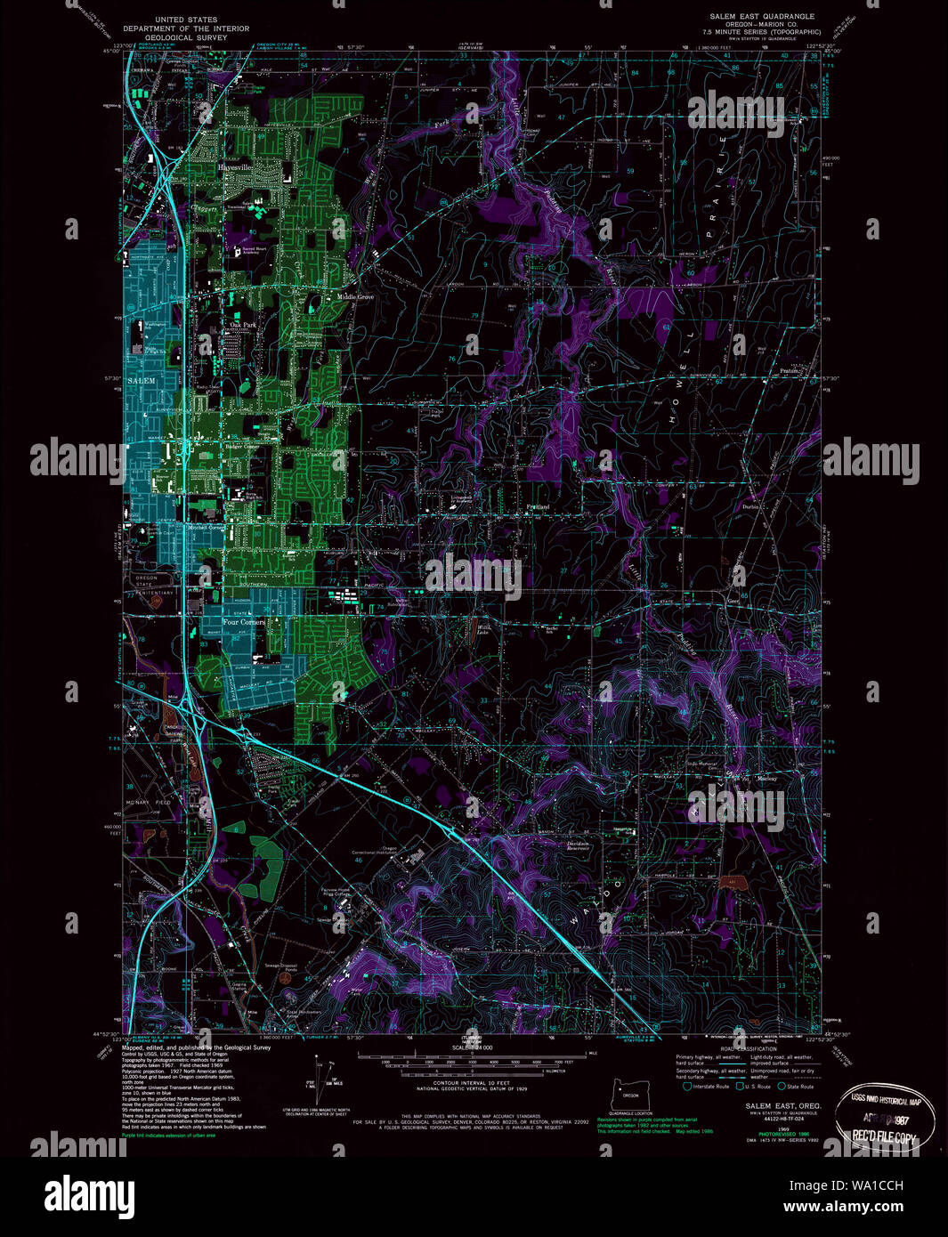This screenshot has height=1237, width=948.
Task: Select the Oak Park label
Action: (242, 326)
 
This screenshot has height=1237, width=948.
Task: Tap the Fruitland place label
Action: (538, 506)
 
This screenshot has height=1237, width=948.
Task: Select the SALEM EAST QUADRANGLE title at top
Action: (749, 17)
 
